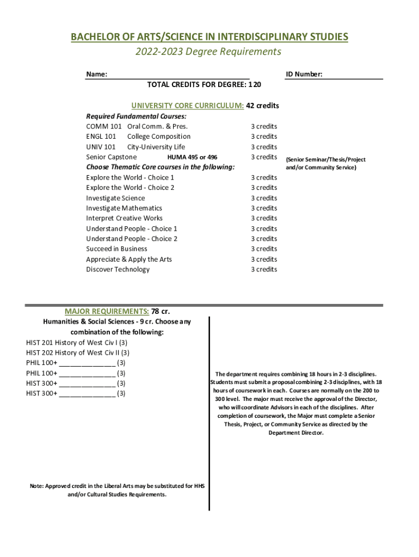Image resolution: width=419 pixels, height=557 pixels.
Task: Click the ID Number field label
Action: [304, 74]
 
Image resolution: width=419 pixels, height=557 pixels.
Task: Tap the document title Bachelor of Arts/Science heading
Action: [209, 37]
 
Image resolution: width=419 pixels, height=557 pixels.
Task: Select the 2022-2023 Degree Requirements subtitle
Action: [209, 52]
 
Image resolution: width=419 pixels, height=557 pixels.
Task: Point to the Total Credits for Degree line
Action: [204, 85]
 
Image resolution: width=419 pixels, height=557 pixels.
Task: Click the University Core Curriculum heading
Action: [188, 106]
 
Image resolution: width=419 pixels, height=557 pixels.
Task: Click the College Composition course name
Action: [159, 137]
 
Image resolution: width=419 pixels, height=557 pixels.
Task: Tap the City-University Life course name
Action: [156, 147]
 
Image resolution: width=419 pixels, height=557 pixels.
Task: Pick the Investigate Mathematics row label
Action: [124, 208]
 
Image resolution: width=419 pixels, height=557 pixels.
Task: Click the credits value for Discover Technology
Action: [264, 270]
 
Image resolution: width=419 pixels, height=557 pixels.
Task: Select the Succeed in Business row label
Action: [116, 249]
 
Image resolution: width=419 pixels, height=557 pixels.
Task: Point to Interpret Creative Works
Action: [124, 218]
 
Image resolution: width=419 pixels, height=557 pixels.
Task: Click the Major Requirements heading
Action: [107, 311]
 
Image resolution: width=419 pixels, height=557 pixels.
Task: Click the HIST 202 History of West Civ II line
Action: [77, 353]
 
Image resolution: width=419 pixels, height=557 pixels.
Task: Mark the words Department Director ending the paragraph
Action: [296, 433]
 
